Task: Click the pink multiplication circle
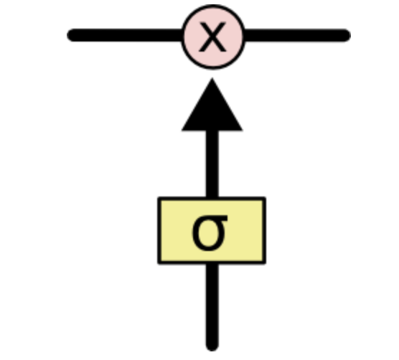[x=213, y=37]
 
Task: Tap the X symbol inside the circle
[x=212, y=37]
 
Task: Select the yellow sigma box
[x=212, y=231]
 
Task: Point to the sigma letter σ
[x=210, y=233]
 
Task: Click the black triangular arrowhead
[x=212, y=105]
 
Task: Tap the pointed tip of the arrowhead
[x=212, y=78]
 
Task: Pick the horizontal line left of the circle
[x=125, y=35]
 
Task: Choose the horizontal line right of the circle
[x=298, y=35]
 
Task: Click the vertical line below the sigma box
[x=212, y=308]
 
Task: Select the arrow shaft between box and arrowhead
[x=212, y=164]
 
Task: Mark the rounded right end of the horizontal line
[x=348, y=35]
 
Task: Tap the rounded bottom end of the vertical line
[x=212, y=349]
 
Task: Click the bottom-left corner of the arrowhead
[x=182, y=131]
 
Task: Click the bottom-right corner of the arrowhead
[x=243, y=131]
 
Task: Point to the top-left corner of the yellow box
[x=159, y=197]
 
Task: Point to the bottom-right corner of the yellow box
[x=266, y=263]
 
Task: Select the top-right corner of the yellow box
[x=265, y=197]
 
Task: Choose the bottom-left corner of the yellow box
[x=159, y=263]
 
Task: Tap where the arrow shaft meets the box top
[x=212, y=197]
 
